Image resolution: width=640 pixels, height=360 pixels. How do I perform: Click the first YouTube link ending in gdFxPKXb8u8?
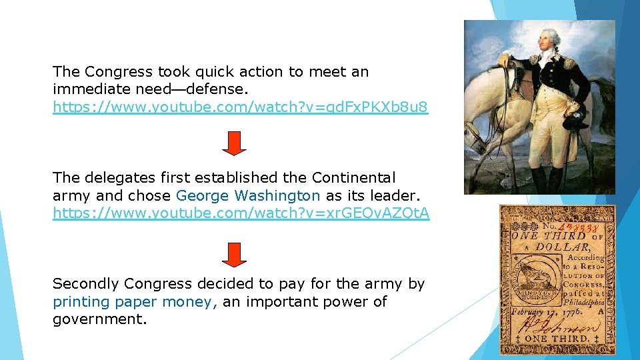point(240,107)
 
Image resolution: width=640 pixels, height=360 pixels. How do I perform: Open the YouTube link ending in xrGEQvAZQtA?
point(241,213)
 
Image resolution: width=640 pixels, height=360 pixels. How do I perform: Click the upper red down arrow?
point(234,143)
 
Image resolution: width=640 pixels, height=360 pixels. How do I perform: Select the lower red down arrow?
point(234,253)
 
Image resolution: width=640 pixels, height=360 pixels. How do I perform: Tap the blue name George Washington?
point(248,196)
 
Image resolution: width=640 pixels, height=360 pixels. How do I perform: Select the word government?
point(99,319)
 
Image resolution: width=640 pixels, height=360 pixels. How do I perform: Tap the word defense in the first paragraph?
point(201,89)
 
